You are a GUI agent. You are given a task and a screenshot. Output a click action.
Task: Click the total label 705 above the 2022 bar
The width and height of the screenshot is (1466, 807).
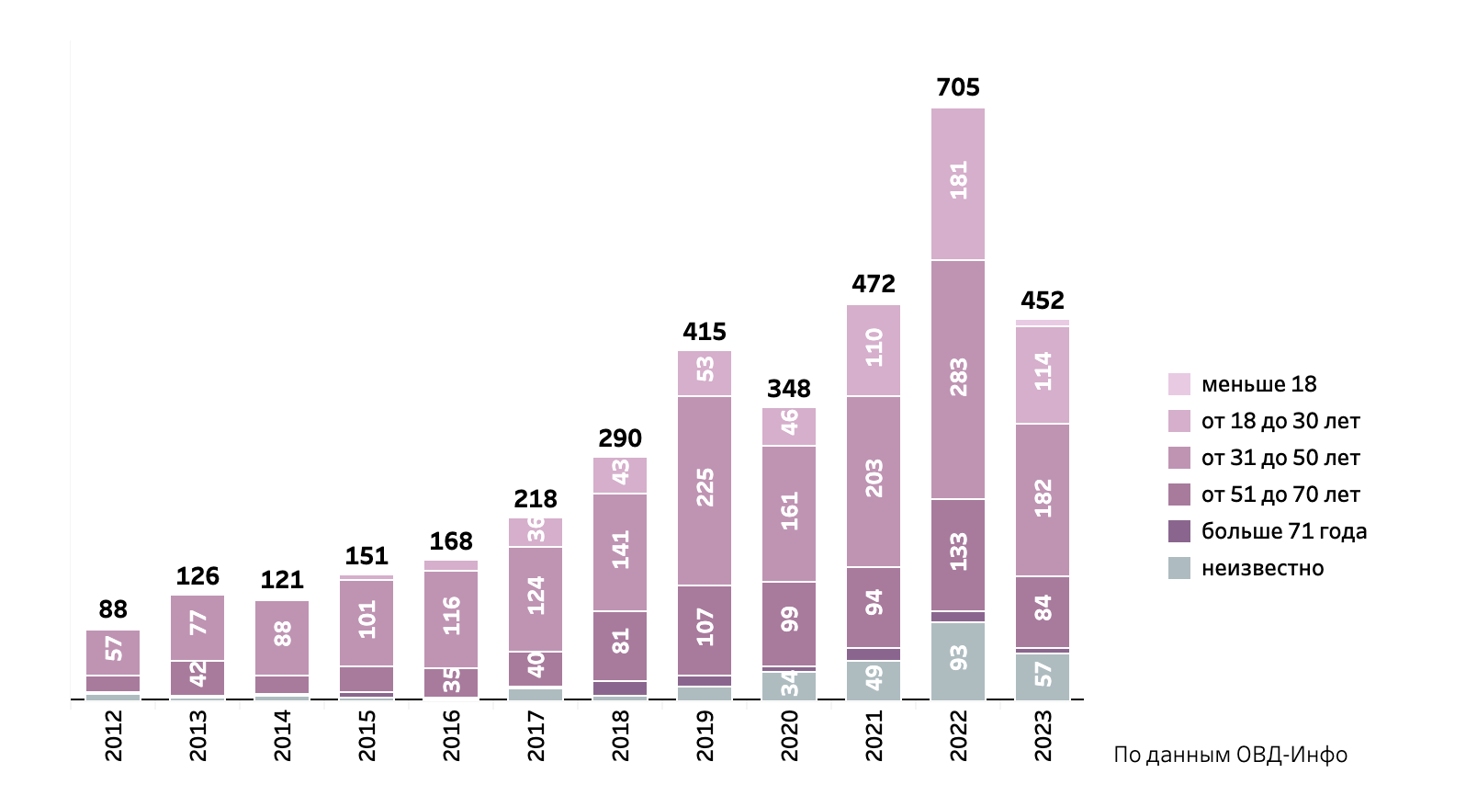(x=958, y=87)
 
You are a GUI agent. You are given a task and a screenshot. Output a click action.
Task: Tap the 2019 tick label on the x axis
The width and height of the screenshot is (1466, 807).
(x=705, y=735)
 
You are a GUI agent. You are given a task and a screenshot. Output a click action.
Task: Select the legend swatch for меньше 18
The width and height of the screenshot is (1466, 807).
(x=1179, y=384)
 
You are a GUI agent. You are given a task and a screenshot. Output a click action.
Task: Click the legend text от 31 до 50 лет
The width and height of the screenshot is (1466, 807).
(x=1280, y=458)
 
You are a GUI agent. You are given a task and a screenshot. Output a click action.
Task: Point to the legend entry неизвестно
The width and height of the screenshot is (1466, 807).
(x=1262, y=568)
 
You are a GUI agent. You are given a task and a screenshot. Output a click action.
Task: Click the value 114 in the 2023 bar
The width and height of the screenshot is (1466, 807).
(x=1043, y=372)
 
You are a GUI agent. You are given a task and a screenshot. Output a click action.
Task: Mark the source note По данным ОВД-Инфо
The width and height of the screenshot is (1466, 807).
(x=1230, y=756)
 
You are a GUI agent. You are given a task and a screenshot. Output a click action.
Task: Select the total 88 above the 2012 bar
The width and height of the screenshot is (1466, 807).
(x=113, y=609)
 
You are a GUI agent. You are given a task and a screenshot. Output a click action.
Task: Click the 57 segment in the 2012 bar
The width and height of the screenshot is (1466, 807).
(x=113, y=649)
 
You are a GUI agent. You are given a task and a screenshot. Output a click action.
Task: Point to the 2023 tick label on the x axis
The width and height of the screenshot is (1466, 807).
(x=1043, y=735)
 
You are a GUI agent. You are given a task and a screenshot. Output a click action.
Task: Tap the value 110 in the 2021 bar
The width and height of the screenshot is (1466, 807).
(x=874, y=348)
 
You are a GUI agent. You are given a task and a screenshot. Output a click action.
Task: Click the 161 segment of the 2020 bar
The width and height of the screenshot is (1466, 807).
(x=789, y=512)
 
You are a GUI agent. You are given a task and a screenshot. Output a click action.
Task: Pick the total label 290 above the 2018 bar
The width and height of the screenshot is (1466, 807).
(x=620, y=438)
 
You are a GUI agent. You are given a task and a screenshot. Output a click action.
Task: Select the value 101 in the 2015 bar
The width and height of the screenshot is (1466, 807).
(x=366, y=620)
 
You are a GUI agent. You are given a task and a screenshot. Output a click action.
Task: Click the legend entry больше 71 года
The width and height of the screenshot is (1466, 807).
(x=1283, y=531)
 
